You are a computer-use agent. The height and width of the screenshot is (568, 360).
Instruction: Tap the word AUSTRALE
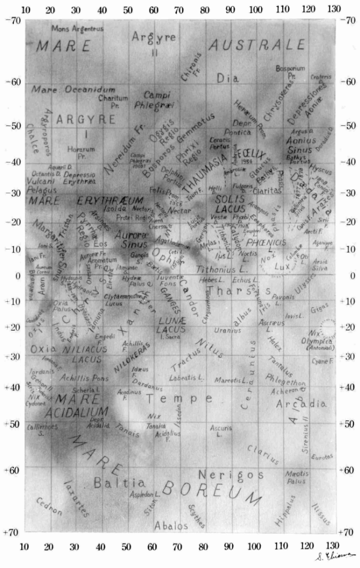(x=257, y=45)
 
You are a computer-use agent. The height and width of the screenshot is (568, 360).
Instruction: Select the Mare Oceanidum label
(x=74, y=89)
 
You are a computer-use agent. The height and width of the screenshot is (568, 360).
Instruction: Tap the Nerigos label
(x=230, y=474)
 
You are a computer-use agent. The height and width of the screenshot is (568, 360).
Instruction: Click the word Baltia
(x=119, y=483)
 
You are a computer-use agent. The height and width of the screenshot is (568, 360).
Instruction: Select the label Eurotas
(x=322, y=457)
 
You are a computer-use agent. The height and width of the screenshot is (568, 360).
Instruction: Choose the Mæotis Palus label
(x=297, y=478)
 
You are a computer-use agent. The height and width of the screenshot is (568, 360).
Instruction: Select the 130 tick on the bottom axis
(x=334, y=546)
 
